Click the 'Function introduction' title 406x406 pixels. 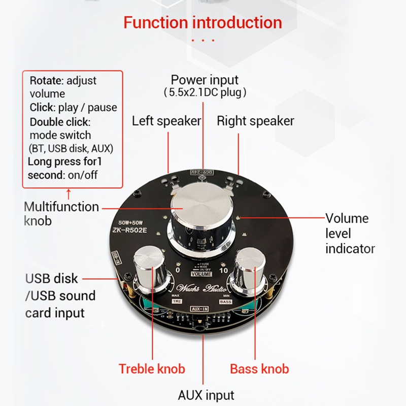click(202, 23)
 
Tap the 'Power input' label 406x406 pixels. click(204, 80)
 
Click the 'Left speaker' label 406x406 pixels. click(166, 121)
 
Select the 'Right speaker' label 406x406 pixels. click(255, 121)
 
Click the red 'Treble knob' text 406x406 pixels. click(152, 368)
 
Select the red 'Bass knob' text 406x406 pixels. click(259, 368)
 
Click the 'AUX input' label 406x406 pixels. click(206, 395)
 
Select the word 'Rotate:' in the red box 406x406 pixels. click(47, 81)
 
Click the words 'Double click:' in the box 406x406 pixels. click(60, 122)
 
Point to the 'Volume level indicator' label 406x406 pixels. click(350, 233)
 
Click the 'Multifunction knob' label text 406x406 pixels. click(61, 214)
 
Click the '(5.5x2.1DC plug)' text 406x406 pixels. click(205, 93)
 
